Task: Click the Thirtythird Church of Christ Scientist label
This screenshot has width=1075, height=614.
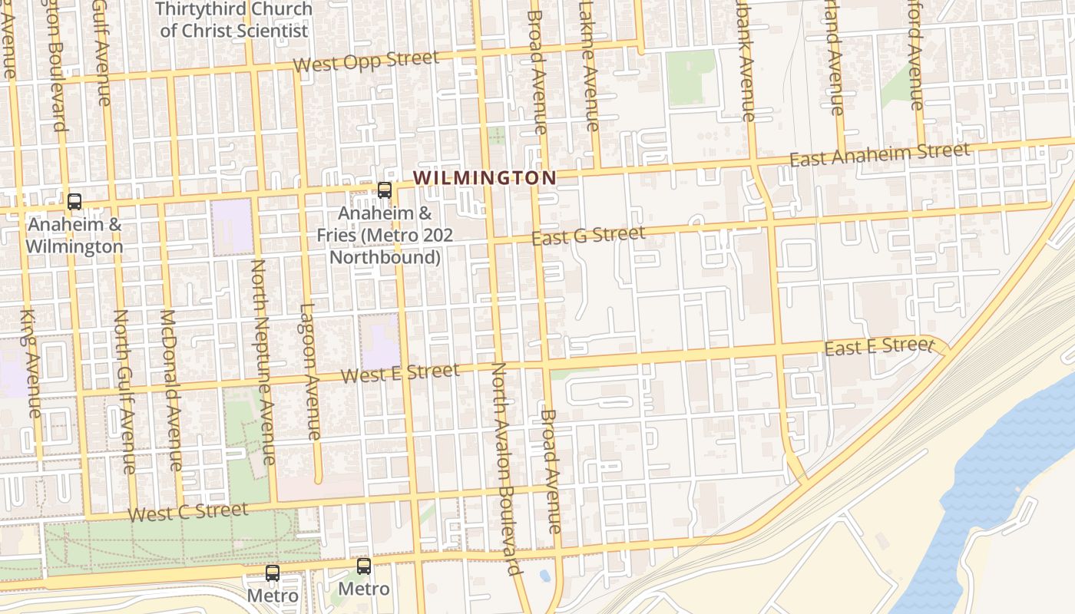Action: pos(233,20)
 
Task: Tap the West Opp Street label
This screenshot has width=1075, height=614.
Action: pos(366,61)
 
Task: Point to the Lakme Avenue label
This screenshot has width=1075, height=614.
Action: pos(588,65)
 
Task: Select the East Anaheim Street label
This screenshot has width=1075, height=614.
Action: pos(879,155)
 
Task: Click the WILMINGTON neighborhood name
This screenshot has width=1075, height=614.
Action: pos(485,178)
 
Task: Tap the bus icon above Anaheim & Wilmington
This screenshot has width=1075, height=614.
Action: pos(74,202)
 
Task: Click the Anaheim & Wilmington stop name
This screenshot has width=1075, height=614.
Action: pos(74,236)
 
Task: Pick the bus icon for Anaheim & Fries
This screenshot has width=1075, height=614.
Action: pos(385,190)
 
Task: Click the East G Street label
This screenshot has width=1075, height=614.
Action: pos(588,236)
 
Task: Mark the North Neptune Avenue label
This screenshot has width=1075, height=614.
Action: pos(263,361)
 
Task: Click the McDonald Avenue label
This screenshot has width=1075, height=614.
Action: pos(171,390)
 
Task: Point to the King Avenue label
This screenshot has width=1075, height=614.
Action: pos(30,364)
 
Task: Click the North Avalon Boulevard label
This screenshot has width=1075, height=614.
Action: pos(505,468)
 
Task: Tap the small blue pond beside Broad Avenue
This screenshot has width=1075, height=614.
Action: pos(544,575)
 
